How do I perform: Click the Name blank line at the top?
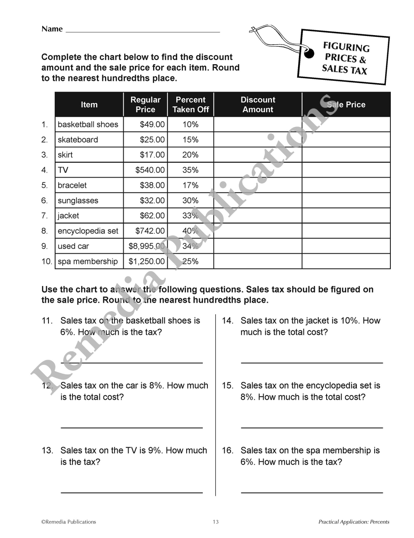coord(143,31)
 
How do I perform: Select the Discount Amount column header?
coord(258,105)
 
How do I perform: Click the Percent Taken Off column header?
coord(190,105)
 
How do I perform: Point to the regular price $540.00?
coord(150,170)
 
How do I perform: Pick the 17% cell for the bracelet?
coord(190,185)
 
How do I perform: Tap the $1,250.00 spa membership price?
coord(147,262)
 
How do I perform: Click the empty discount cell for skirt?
coord(258,155)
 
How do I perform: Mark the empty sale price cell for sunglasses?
coord(346,201)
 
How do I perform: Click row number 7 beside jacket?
coord(45,216)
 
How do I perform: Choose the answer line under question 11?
coord(132,362)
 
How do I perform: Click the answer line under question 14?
coord(312,362)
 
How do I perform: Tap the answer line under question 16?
coord(312,492)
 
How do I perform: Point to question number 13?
coord(47,451)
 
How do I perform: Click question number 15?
coord(227,386)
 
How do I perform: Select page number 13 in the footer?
coord(216,522)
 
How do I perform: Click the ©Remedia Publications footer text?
coord(68,522)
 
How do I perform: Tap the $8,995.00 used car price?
coord(147,246)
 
